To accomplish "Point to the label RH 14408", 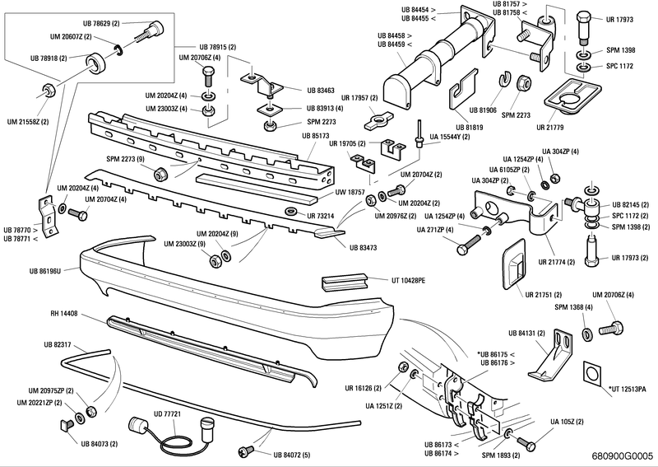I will click(63, 314).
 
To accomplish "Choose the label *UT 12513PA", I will click(627, 387).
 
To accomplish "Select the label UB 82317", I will click(58, 344).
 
